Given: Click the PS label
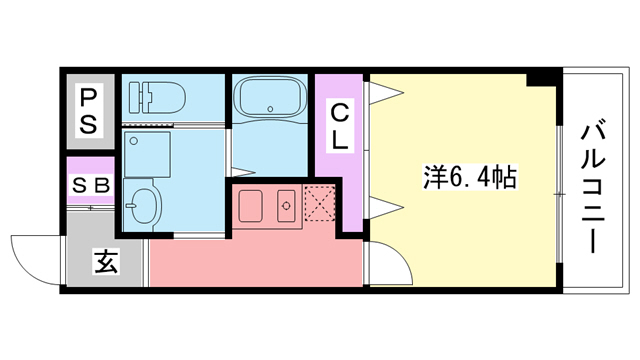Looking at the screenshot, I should pyautogui.click(x=89, y=109).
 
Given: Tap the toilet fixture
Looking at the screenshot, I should pyautogui.click(x=157, y=97).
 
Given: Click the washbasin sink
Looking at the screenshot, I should pyautogui.click(x=143, y=204).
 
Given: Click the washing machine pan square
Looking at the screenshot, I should pyautogui.click(x=147, y=151).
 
